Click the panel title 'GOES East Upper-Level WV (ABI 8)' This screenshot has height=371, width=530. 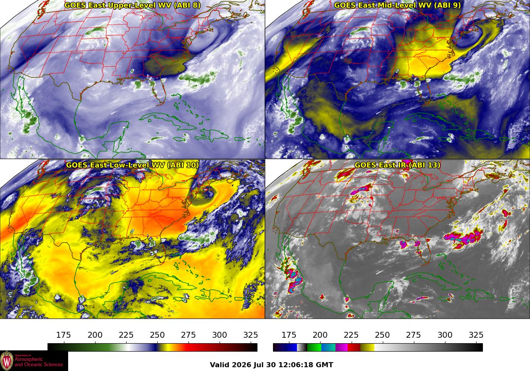pos(132,5)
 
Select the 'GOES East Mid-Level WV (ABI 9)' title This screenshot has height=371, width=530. pos(397,5)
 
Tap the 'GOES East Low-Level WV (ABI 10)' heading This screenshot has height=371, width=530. pos(132,165)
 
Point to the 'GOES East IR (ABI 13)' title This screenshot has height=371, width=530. pos(397,165)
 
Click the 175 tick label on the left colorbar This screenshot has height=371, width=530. pos(64,335)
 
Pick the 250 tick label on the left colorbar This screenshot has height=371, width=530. pos(157,335)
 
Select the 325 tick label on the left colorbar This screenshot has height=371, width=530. pos(251,335)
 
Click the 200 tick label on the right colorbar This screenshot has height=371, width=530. pos(320,335)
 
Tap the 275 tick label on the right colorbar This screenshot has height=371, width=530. pos(413,335)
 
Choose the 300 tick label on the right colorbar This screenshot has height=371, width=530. pos(445,335)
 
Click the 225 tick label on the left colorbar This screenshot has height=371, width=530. pos(126,335)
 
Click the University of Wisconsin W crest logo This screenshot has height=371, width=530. pos(7,360)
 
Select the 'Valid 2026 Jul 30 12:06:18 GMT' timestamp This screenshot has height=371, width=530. pos(271,365)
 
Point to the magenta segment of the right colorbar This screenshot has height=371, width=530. pos(341,347)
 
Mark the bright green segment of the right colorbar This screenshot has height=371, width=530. pos(314,347)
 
